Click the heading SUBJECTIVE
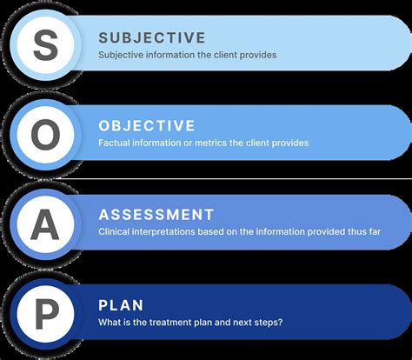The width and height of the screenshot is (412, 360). pos(151,38)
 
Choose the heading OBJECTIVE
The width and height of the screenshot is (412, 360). pos(146,126)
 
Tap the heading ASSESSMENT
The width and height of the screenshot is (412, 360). pos(156,214)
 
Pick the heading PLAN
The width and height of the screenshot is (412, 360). pos(121,305)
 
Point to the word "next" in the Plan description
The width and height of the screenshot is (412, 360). pos(251,322)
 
